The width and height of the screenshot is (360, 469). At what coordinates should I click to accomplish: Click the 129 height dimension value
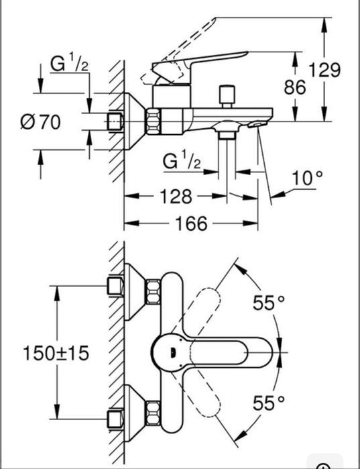(x=324, y=70)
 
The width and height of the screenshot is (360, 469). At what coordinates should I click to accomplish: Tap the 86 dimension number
(x=294, y=87)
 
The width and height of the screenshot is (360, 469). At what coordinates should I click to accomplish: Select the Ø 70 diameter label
(x=40, y=121)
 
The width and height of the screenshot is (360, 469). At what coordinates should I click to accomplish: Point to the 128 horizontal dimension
(x=176, y=197)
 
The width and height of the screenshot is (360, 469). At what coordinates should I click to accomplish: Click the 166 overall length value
(x=191, y=223)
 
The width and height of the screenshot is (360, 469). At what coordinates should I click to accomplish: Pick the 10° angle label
(x=307, y=178)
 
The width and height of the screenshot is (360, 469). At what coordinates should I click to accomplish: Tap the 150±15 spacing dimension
(x=56, y=353)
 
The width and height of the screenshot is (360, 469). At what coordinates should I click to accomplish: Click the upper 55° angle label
(x=269, y=303)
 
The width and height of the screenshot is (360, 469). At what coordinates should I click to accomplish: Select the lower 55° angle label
(x=269, y=403)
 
